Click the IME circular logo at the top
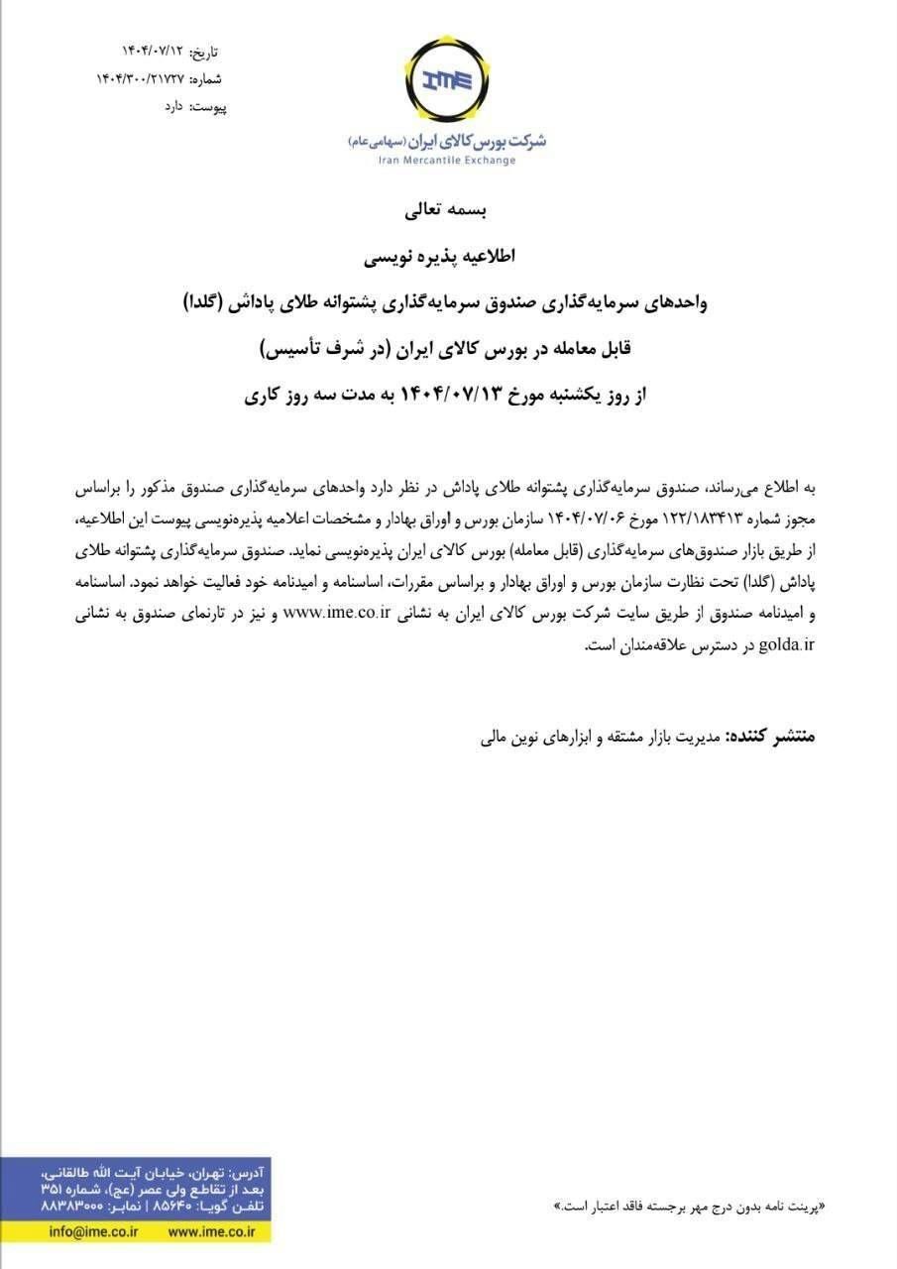[447, 78]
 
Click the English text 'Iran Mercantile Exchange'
[447, 161]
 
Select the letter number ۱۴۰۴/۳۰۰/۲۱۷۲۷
[140, 78]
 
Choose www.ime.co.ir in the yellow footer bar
[211, 1231]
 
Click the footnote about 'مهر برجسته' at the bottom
[689, 1206]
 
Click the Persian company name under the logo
[447, 141]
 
